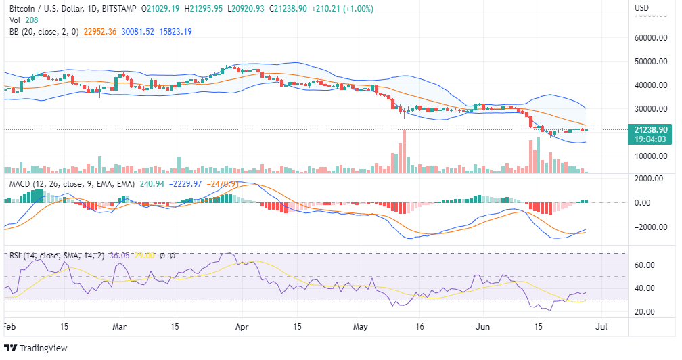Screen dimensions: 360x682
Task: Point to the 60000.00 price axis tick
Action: coord(651,39)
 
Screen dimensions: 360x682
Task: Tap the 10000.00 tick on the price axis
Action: coord(651,156)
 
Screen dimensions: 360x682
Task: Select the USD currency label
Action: coord(642,8)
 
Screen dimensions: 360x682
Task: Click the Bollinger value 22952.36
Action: coord(99,31)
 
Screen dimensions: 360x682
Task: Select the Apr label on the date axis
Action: coord(241,326)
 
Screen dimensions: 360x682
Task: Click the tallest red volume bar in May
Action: coord(403,152)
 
